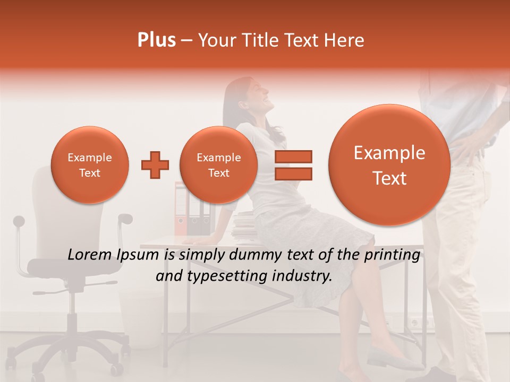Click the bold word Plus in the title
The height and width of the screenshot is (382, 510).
click(x=156, y=40)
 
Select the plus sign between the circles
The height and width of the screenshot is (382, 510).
click(x=155, y=165)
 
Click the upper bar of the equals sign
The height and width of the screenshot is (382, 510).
click(x=293, y=157)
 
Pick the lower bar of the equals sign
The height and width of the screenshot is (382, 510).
click(x=293, y=173)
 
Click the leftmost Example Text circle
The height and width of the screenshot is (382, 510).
click(x=89, y=165)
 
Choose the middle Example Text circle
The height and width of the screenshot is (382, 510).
click(x=218, y=165)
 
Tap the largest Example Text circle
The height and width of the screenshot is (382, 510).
click(x=389, y=165)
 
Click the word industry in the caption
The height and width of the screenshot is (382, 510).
click(x=305, y=276)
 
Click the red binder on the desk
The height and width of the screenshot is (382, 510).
click(x=181, y=210)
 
